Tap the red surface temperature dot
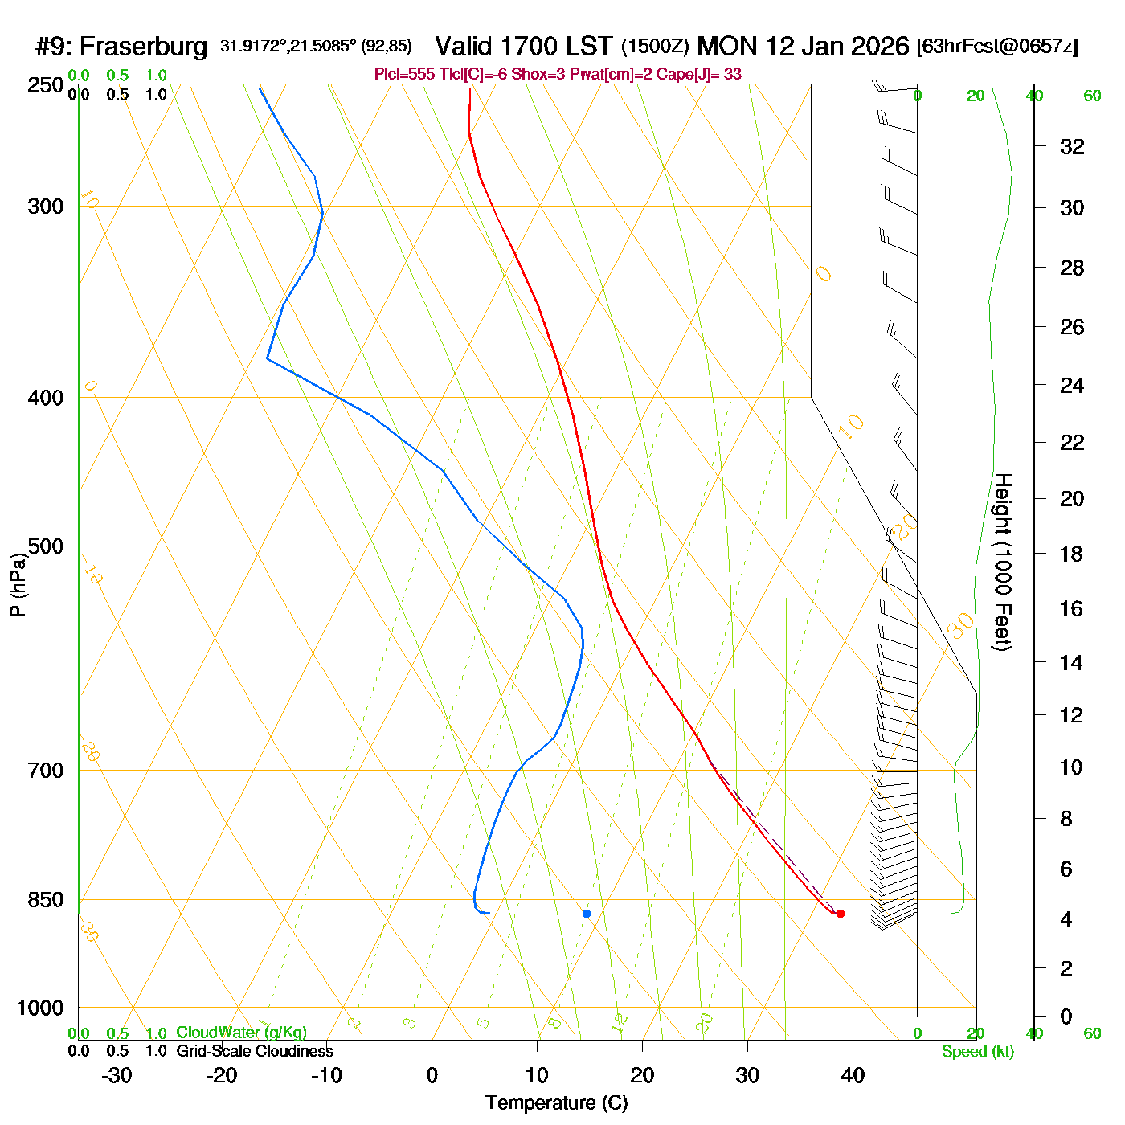[841, 914]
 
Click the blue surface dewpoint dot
[587, 914]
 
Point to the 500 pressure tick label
[46, 546]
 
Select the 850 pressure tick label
[46, 900]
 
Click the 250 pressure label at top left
[46, 85]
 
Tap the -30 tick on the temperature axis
[117, 1075]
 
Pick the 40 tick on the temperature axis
[853, 1075]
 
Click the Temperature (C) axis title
[556, 1103]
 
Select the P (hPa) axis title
[18, 585]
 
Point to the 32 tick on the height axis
[1072, 147]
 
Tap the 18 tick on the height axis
[1072, 554]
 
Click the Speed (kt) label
[978, 1052]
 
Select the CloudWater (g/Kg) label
[241, 1033]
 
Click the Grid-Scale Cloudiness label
[255, 1051]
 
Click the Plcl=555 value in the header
[404, 75]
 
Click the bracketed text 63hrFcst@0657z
[997, 47]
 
